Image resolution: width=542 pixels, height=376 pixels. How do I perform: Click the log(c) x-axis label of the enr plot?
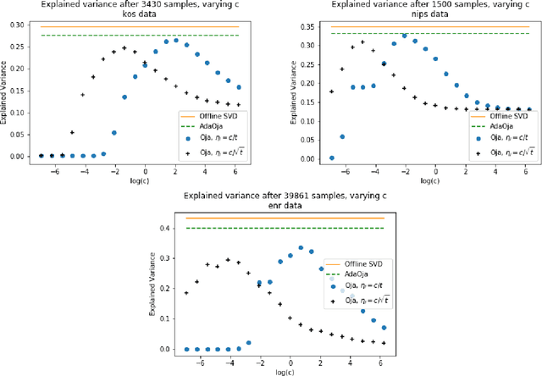point(279,371)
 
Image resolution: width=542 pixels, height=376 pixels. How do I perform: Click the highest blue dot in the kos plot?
point(176,40)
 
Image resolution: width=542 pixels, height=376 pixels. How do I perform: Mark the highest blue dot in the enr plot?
point(301,248)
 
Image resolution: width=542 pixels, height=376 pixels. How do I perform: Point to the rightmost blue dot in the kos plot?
point(239,86)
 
